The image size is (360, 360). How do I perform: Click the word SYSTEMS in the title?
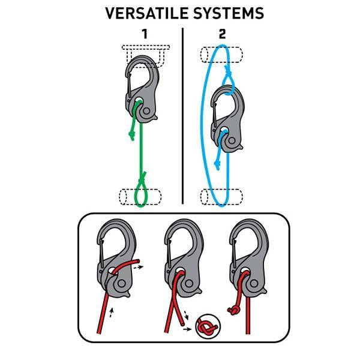(229, 13)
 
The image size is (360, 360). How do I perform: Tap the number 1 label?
(145, 34)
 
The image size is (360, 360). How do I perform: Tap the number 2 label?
(222, 34)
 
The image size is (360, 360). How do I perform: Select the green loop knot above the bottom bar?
(142, 177)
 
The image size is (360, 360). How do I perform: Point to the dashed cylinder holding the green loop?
(140, 197)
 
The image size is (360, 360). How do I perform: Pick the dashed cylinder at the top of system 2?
(221, 55)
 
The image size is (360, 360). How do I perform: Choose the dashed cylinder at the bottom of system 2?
(221, 197)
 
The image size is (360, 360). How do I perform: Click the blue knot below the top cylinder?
(228, 71)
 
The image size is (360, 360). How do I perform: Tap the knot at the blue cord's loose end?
(217, 165)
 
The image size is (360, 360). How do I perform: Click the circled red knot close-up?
(208, 326)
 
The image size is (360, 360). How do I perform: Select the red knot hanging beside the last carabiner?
(234, 310)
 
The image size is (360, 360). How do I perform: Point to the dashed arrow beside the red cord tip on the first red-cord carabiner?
(138, 267)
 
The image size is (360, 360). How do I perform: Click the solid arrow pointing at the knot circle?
(187, 329)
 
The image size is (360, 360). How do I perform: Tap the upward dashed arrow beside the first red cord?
(112, 313)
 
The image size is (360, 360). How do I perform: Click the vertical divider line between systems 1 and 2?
(182, 116)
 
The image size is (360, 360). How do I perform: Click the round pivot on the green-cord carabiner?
(146, 112)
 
